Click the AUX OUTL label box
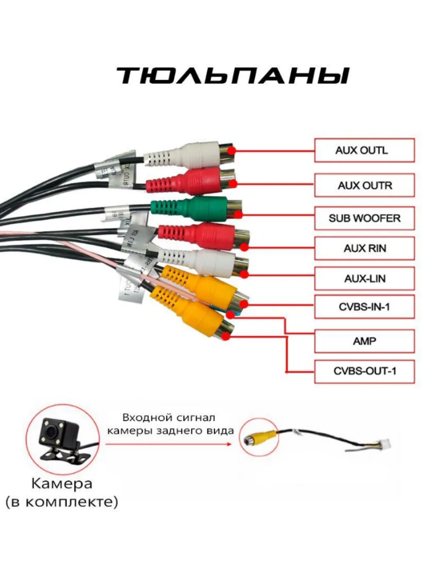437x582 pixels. click(364, 150)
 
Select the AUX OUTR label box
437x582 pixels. click(364, 185)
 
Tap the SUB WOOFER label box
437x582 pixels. click(364, 218)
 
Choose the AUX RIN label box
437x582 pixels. click(364, 248)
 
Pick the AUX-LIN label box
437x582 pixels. click(364, 278)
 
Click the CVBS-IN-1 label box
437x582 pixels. click(364, 307)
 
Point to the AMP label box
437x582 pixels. click(364, 341)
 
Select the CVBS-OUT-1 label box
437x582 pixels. click(364, 372)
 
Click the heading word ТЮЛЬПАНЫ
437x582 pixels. click(233, 77)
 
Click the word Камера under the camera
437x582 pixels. click(62, 484)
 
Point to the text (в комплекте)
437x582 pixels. click(62, 502)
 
